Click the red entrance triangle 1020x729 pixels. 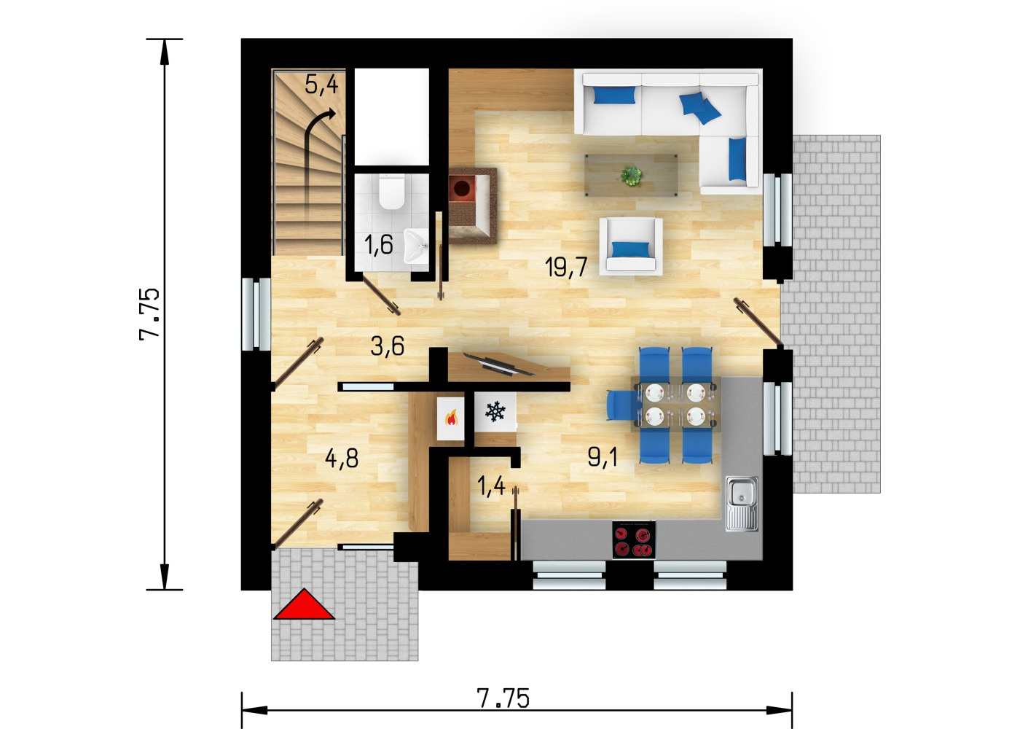pyautogui.click(x=304, y=606)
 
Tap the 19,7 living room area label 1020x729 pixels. pyautogui.click(x=567, y=267)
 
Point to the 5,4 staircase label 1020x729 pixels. pyautogui.click(x=321, y=85)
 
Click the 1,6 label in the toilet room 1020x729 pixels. pyautogui.click(x=378, y=245)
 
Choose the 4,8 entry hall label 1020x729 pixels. pyautogui.click(x=342, y=459)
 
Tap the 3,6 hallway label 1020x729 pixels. pyautogui.click(x=387, y=346)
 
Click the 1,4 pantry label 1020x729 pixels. pyautogui.click(x=491, y=486)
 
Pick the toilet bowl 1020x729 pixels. pyautogui.click(x=392, y=193)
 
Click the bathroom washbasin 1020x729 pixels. pyautogui.click(x=415, y=246)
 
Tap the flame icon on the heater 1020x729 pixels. pyautogui.click(x=451, y=418)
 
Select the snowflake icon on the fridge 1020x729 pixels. pyautogui.click(x=495, y=411)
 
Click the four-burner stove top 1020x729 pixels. pyautogui.click(x=634, y=540)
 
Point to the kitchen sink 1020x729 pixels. pyautogui.click(x=742, y=504)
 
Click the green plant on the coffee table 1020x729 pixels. pyautogui.click(x=632, y=176)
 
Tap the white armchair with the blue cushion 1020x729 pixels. pyautogui.click(x=631, y=246)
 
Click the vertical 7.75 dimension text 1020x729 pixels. pyautogui.click(x=150, y=314)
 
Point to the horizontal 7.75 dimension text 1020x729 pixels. pyautogui.click(x=503, y=698)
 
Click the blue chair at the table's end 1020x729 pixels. pyautogui.click(x=621, y=405)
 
